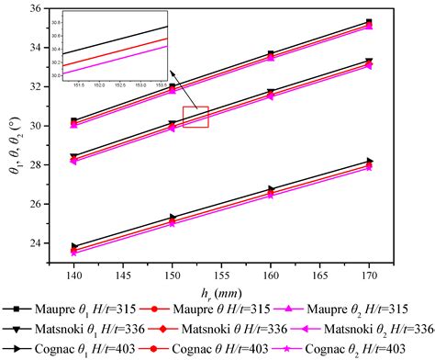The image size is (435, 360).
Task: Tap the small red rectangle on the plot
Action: pos(195,117)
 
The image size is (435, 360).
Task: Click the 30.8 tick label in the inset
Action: pos(74,20)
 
